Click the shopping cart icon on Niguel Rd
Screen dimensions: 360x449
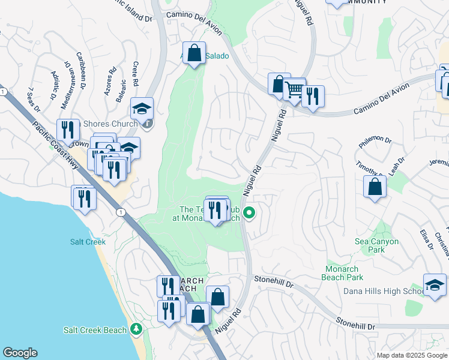(x=294, y=91)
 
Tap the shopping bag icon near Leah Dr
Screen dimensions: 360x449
(x=375, y=187)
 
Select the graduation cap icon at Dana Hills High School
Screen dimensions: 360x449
(x=435, y=284)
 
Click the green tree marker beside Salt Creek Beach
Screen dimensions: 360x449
(x=136, y=329)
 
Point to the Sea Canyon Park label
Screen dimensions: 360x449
(x=376, y=245)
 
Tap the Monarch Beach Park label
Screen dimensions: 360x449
(x=344, y=273)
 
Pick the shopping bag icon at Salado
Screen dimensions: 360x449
(x=194, y=53)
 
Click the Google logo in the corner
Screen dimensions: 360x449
(x=20, y=353)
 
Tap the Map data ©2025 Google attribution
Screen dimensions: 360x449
(x=411, y=355)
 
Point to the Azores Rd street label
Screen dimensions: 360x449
(x=109, y=85)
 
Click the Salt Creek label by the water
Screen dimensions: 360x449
(x=88, y=242)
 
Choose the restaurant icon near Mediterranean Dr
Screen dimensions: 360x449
(x=68, y=130)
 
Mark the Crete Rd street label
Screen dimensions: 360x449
(x=136, y=74)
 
